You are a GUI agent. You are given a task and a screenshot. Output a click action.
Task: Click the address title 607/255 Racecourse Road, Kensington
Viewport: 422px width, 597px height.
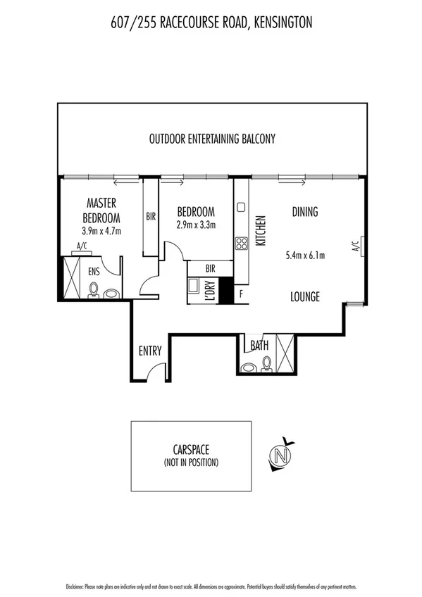(x=211, y=23)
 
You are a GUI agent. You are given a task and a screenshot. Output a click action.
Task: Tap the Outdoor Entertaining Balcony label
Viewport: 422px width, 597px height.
(x=211, y=139)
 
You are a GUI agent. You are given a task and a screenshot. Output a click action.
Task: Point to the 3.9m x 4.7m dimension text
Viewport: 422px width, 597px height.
(x=102, y=230)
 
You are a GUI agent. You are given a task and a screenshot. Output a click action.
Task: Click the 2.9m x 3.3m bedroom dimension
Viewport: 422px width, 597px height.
(x=196, y=225)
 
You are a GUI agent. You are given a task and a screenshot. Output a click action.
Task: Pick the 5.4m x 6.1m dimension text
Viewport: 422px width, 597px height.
(x=305, y=256)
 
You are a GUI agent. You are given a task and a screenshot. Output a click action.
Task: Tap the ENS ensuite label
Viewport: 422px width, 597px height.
(x=94, y=270)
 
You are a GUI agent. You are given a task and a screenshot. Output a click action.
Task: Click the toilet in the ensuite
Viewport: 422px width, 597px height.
(x=93, y=290)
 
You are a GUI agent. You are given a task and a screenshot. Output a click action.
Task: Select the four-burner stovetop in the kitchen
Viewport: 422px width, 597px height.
(x=241, y=244)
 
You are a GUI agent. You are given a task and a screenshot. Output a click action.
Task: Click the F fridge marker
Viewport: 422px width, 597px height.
(x=242, y=293)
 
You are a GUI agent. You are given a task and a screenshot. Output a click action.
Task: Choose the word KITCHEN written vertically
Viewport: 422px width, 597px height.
(x=260, y=230)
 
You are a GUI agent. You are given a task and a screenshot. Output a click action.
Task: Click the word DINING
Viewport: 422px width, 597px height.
(x=305, y=211)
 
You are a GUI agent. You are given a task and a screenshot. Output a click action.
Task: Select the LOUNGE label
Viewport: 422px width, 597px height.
(x=305, y=297)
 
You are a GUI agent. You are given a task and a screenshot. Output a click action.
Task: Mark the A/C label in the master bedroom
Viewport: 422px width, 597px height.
(x=82, y=246)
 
